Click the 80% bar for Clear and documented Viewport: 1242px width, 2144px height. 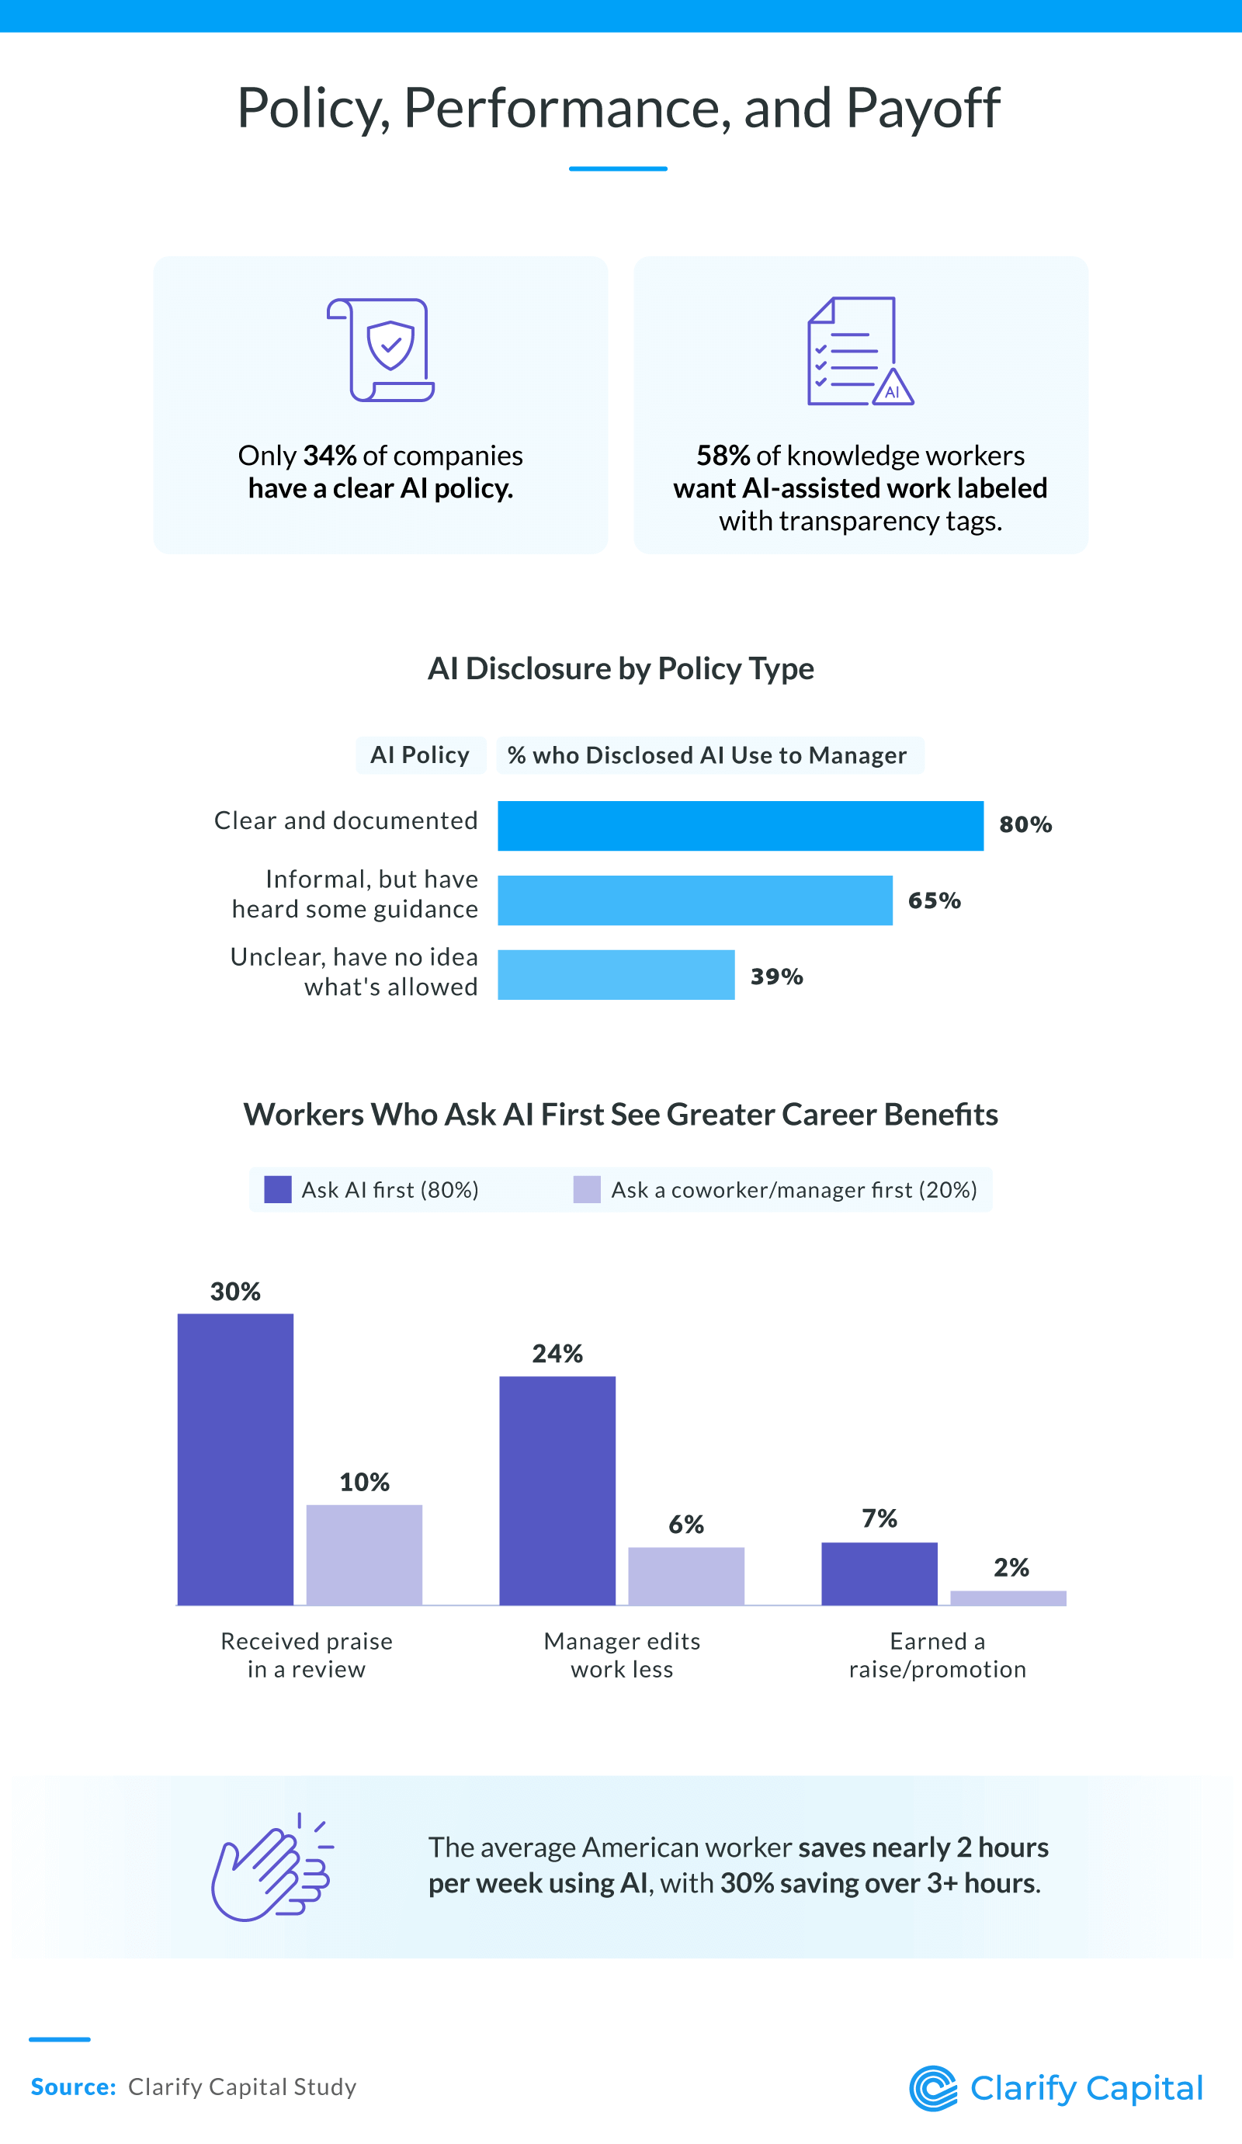(740, 825)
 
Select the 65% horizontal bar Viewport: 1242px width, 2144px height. (695, 900)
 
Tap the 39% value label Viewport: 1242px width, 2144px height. (775, 976)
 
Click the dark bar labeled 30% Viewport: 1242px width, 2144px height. (236, 1459)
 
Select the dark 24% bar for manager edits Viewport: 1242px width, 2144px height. (557, 1490)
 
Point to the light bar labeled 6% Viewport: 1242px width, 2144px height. (685, 1576)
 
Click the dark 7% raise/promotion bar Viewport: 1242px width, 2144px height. (879, 1573)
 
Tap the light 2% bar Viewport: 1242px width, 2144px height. (1008, 1598)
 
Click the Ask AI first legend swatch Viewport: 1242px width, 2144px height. (278, 1189)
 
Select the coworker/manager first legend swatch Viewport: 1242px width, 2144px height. (587, 1189)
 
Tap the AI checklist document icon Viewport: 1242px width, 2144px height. (859, 352)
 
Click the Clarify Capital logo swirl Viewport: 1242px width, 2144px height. (933, 2088)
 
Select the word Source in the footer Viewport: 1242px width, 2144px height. (72, 2087)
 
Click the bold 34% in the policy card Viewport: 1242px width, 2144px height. (329, 456)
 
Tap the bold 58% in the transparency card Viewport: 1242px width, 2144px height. (722, 456)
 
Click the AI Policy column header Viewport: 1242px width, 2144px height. (420, 755)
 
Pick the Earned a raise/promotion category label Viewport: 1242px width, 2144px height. (938, 1655)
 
